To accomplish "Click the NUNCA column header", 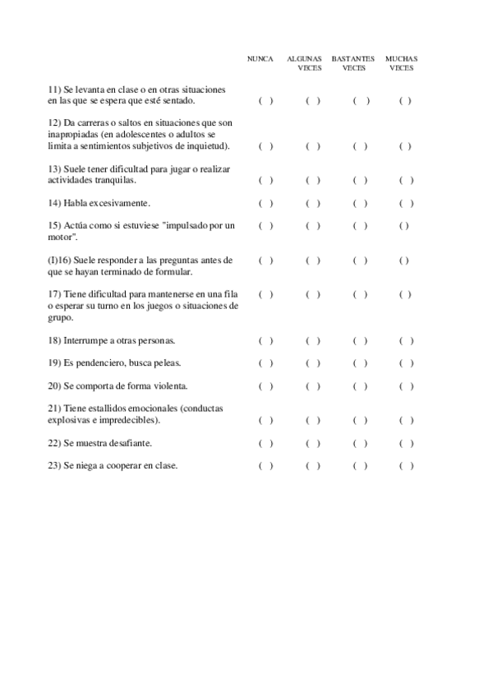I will point(260,59).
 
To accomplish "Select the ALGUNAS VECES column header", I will point(304,63).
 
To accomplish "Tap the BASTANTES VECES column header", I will point(353,63).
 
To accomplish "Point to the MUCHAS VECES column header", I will point(402,63).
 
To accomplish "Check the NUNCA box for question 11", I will point(265,101).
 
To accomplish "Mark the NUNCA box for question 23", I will point(265,466).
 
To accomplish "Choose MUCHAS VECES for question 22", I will point(406,444).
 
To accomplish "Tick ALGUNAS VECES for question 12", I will point(312,147).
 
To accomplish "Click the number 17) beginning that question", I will point(54,294).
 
